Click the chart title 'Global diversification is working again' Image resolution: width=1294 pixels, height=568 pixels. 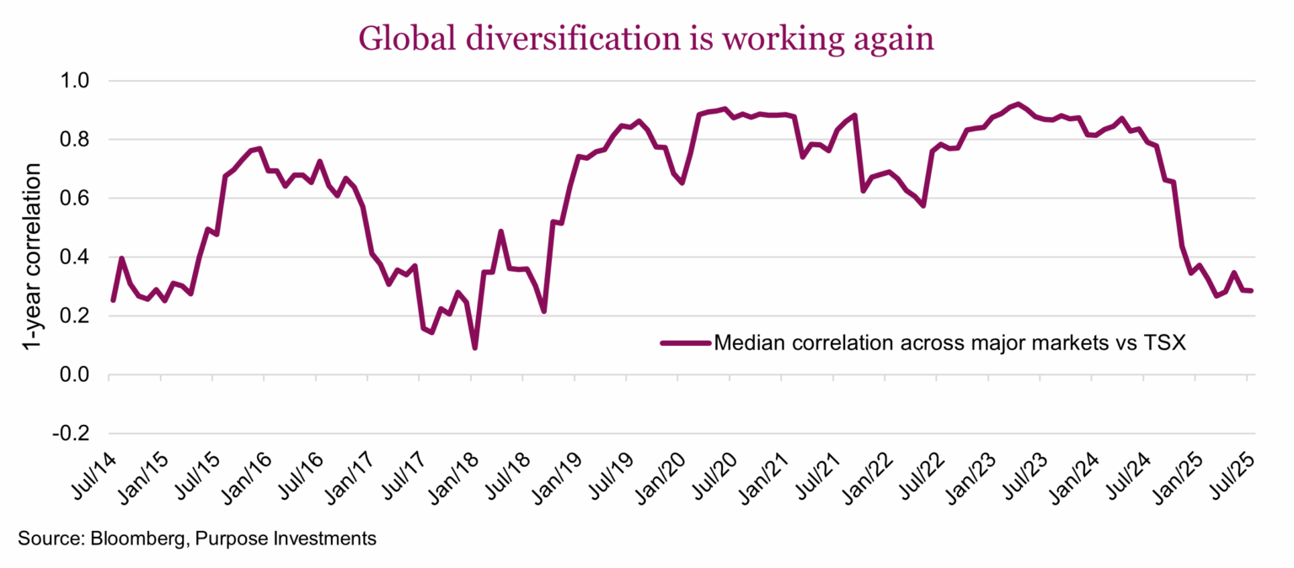(x=647, y=38)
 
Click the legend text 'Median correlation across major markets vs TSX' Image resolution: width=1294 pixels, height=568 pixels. (x=950, y=342)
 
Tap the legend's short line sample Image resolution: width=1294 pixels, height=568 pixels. (x=685, y=342)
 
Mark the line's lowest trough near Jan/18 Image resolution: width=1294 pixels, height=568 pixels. (x=475, y=348)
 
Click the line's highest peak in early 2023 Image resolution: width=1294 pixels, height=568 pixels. (x=1019, y=104)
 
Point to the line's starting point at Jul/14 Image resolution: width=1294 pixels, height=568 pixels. (x=113, y=300)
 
